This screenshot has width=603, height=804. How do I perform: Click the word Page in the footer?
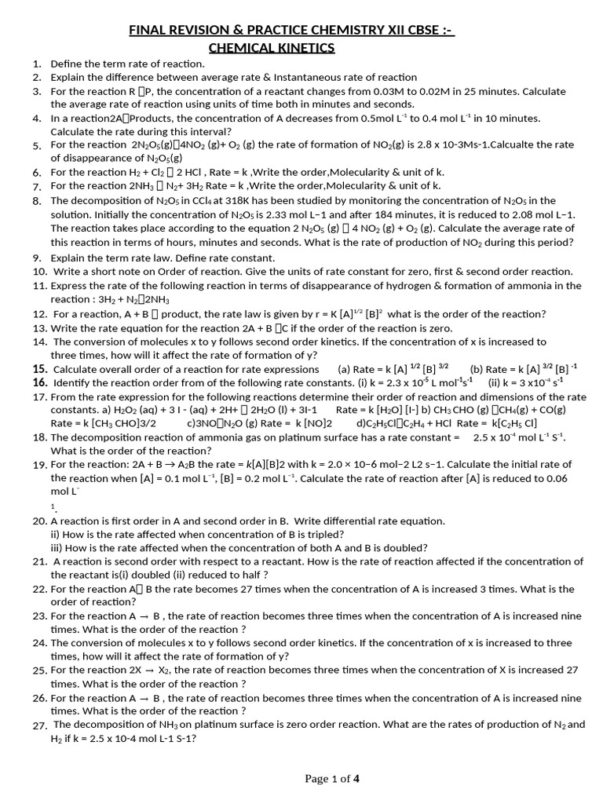[x=318, y=779]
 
